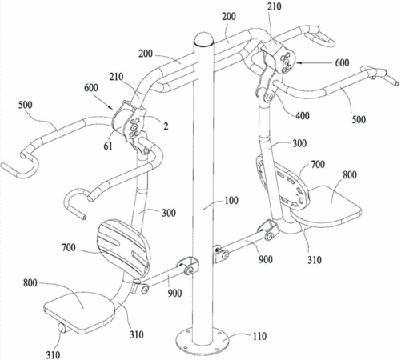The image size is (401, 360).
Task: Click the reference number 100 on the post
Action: point(231,201)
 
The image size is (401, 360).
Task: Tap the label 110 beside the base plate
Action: point(259,336)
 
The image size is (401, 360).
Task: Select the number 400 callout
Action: point(303,116)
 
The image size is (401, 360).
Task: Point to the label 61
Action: point(108,146)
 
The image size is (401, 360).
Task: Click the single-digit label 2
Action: point(166,126)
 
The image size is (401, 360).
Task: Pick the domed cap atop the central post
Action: point(204,39)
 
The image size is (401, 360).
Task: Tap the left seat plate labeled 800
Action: point(79,310)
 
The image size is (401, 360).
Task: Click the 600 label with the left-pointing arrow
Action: point(342,63)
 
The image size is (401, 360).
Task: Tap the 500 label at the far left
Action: point(26,105)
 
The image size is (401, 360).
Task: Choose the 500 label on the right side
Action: point(359,119)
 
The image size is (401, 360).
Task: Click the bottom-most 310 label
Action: point(53,355)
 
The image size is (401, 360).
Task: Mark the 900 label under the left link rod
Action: point(174,294)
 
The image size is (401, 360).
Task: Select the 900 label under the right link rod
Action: point(265,259)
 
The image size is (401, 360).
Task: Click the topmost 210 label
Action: point(274,6)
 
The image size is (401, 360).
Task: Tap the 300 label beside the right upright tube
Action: point(299,143)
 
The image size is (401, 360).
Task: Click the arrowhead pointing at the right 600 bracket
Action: point(299,63)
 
